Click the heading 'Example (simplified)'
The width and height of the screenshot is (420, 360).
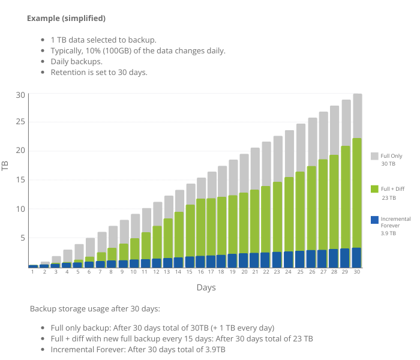point(66,19)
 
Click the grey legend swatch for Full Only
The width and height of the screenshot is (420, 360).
point(374,156)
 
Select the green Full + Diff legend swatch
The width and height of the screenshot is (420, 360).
point(374,189)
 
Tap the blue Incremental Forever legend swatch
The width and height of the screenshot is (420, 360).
point(374,220)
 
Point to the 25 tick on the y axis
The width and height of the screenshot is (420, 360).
point(20,122)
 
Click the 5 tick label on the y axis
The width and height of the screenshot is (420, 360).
point(23,238)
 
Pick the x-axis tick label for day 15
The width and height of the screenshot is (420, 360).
point(190,272)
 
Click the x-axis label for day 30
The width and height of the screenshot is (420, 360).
point(357,272)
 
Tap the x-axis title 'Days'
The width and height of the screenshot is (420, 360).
point(206,287)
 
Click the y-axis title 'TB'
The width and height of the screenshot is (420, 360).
point(5,166)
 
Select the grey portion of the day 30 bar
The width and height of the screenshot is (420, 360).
point(358,116)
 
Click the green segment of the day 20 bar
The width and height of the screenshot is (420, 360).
point(244,223)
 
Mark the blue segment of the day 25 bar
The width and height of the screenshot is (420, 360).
point(301,259)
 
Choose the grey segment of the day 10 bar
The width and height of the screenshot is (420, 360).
point(135,226)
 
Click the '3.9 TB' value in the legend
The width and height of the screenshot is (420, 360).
point(388,233)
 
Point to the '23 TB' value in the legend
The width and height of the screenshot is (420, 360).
point(389,198)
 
